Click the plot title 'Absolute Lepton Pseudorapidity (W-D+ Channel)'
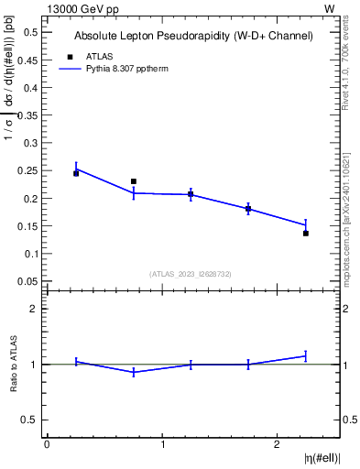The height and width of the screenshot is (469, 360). click(x=193, y=36)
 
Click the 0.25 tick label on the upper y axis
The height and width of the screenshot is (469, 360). click(x=29, y=170)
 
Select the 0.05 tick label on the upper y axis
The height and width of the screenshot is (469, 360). click(x=29, y=281)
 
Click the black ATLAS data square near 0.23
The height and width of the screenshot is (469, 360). click(x=134, y=181)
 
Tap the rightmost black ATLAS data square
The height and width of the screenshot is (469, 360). click(x=306, y=233)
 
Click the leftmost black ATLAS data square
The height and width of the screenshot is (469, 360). click(x=76, y=173)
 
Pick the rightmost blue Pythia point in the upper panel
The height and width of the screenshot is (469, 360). click(x=306, y=224)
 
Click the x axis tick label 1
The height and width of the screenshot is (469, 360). click(x=162, y=443)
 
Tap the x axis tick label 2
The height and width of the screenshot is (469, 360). click(x=278, y=443)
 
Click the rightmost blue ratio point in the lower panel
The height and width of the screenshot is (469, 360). click(x=306, y=355)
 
